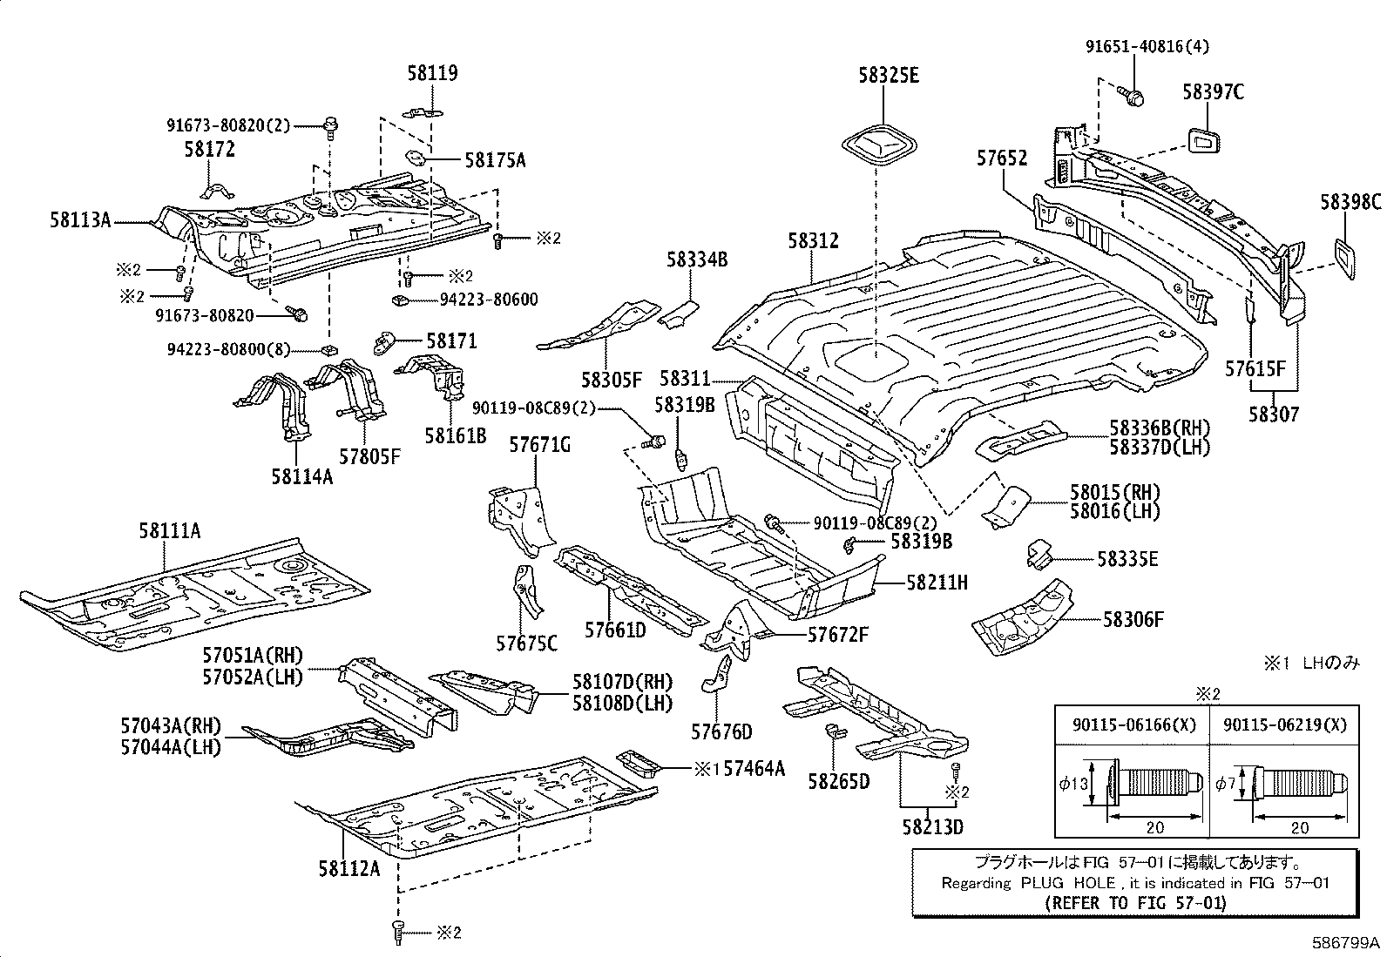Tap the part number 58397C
tap(1213, 91)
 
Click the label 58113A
tap(80, 221)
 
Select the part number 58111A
tap(169, 530)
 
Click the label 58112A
tap(348, 868)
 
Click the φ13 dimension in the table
tap(1072, 783)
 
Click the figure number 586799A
tap(1347, 943)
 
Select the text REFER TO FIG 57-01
tap(1134, 902)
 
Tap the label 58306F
tap(1133, 620)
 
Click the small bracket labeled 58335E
tap(1038, 554)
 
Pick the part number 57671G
tap(539, 446)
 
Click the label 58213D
tap(932, 826)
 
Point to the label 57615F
tap(1255, 368)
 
